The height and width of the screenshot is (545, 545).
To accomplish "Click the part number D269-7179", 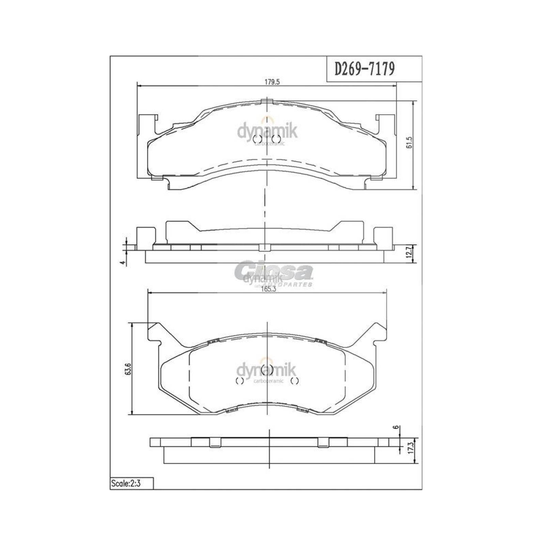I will point(365,69).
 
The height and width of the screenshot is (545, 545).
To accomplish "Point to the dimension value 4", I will point(125,262).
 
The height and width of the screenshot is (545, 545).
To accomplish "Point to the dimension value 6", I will point(395,428).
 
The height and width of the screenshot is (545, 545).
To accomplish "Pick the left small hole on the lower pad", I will point(239,381).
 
